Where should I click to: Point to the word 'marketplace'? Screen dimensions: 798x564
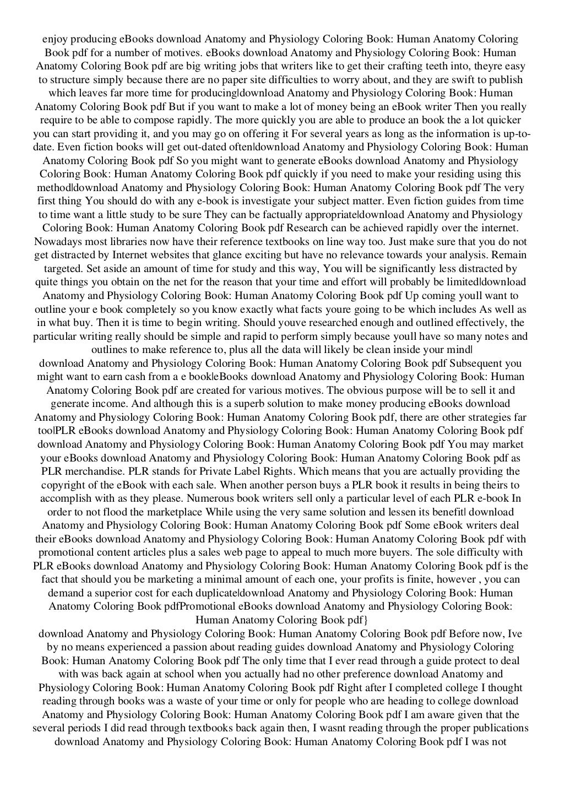[171, 512]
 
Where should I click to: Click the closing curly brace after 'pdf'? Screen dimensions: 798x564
[365, 620]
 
